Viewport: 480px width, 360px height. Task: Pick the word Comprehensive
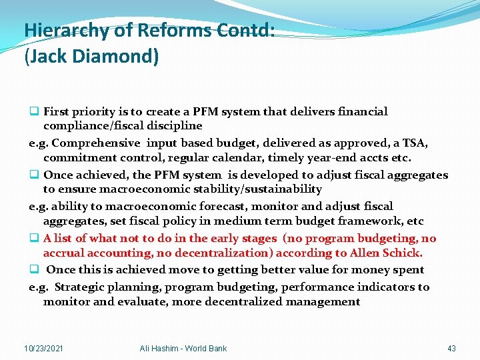pos(96,143)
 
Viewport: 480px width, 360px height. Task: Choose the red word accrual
pos(65,253)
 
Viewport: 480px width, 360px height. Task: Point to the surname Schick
pos(402,253)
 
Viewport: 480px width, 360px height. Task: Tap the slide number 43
pos(451,348)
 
